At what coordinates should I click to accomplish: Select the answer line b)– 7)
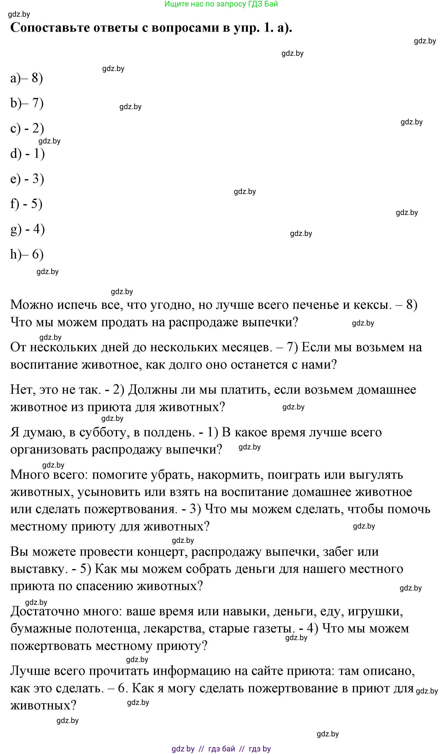tap(27, 103)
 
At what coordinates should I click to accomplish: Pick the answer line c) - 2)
tap(27, 128)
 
